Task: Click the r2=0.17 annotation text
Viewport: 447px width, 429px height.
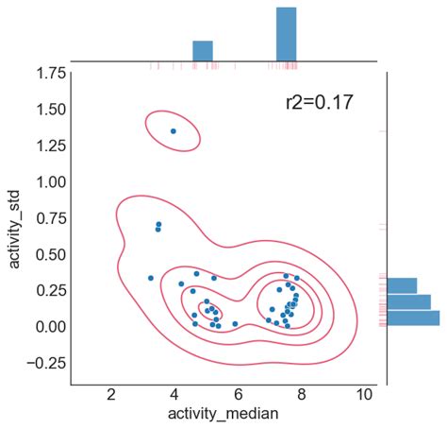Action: [x=319, y=102]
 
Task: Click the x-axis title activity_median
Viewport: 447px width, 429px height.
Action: [x=223, y=414]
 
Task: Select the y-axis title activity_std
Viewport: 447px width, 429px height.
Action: [x=16, y=227]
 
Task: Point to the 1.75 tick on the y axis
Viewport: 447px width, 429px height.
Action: [x=45, y=73]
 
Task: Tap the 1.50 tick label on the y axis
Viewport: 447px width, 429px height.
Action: [x=45, y=110]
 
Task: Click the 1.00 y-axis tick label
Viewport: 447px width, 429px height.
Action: [x=45, y=181]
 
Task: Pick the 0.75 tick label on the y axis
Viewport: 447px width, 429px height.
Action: [x=45, y=217]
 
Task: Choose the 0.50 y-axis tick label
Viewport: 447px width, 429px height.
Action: [x=45, y=254]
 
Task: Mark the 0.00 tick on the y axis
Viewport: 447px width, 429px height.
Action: [x=45, y=326]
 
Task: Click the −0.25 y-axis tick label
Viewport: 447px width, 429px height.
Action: [x=40, y=363]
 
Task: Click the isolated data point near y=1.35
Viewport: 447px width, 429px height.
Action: [x=173, y=131]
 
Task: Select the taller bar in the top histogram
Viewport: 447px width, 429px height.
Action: [x=286, y=35]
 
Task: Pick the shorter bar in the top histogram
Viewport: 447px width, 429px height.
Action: [x=203, y=51]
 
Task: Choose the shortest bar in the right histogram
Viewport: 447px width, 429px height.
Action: [x=402, y=285]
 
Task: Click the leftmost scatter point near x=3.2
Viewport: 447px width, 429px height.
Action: [x=151, y=278]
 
